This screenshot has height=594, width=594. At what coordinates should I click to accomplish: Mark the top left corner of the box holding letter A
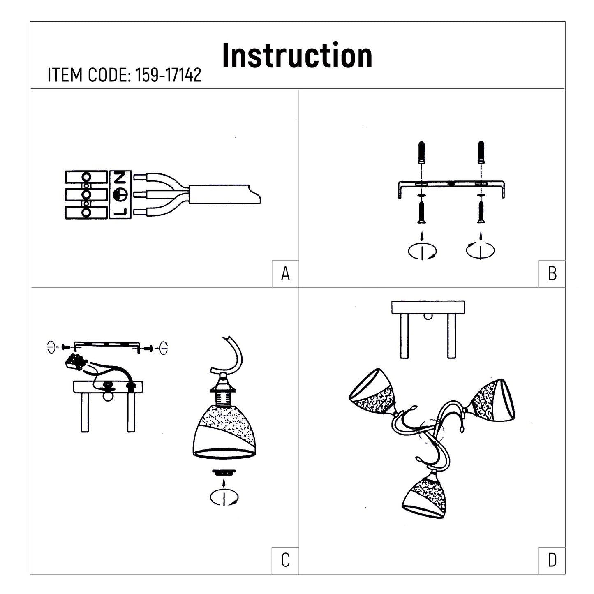(272, 261)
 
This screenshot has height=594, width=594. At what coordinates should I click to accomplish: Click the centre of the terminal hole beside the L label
(86, 213)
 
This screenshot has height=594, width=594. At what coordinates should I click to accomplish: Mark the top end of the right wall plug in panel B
(481, 141)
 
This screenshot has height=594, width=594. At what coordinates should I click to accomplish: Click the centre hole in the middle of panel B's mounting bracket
(451, 184)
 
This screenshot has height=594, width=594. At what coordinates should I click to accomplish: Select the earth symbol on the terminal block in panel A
(120, 194)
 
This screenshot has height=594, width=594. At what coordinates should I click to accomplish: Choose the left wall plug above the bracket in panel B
(422, 153)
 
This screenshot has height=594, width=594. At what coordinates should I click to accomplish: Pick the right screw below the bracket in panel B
(481, 211)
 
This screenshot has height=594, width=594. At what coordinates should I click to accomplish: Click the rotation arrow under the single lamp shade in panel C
(224, 498)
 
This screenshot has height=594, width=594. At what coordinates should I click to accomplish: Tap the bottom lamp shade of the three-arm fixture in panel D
(425, 497)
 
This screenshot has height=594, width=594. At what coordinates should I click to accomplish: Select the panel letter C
(285, 560)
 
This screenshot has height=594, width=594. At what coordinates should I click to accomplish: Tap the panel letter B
(552, 273)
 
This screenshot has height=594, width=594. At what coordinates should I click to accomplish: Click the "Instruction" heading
(297, 55)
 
